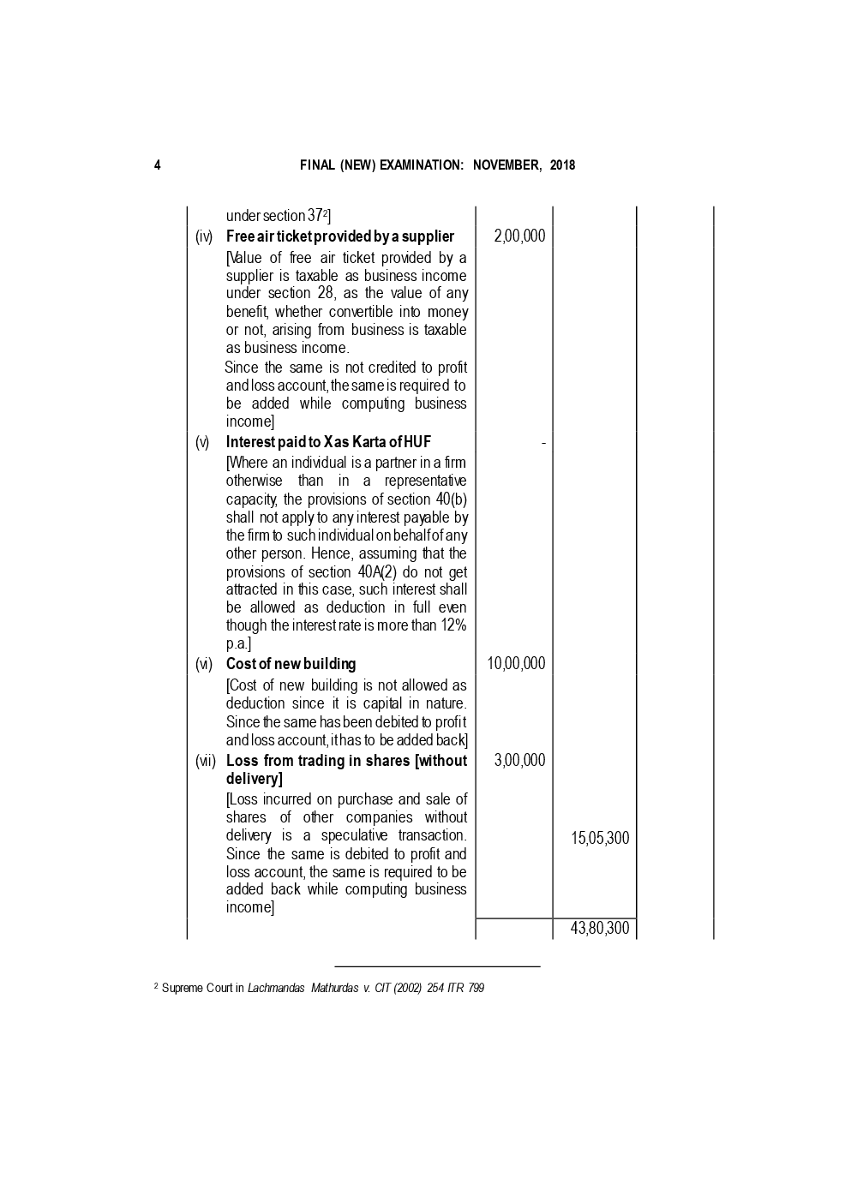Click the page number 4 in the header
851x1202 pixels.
[x=157, y=165]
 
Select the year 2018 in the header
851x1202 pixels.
[x=562, y=165]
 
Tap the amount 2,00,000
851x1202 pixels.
[x=519, y=236]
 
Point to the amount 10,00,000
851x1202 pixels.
[x=516, y=664]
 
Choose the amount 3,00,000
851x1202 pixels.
[x=519, y=761]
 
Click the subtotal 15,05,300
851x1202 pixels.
[x=600, y=839]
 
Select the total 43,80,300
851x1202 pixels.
[x=600, y=929]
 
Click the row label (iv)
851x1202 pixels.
[x=204, y=236]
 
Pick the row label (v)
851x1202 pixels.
[x=202, y=442]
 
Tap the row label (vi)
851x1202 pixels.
[x=204, y=664]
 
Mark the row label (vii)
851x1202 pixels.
[x=206, y=761]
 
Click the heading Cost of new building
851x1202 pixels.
[x=291, y=664]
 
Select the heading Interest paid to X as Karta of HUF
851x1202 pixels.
[x=328, y=442]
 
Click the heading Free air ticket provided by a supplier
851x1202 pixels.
[x=340, y=236]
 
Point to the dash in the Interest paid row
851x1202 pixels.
[x=543, y=442]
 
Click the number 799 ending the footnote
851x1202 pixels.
[x=476, y=989]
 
